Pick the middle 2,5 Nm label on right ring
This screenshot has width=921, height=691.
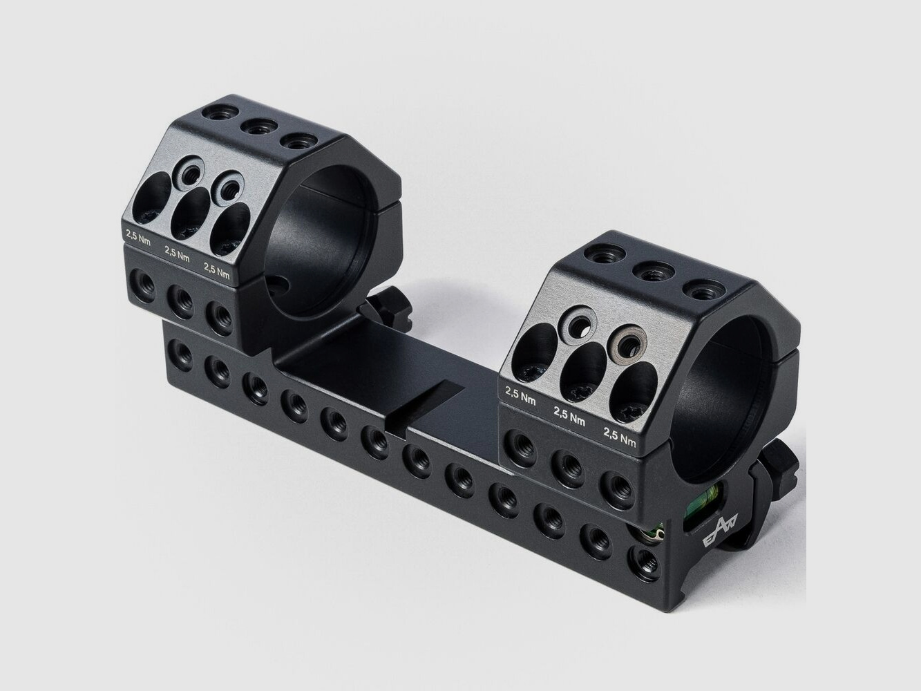click(569, 416)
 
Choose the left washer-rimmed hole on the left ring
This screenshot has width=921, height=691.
click(188, 171)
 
